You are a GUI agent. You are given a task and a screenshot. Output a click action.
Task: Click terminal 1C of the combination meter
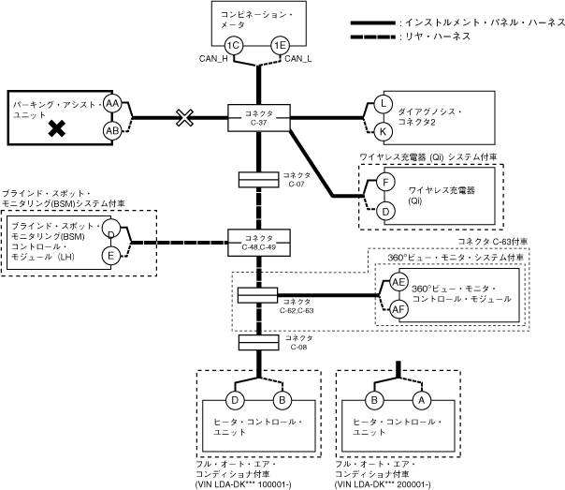[x=235, y=46]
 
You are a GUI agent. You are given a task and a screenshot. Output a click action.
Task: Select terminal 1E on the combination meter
[x=279, y=46]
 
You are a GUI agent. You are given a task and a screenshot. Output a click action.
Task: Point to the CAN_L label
[x=297, y=59]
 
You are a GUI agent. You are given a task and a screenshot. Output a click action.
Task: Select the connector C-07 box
[x=260, y=178]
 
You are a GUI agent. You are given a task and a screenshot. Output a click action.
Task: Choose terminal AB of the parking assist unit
[x=112, y=130]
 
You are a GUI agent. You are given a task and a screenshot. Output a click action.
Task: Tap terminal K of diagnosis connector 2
[x=384, y=130]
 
